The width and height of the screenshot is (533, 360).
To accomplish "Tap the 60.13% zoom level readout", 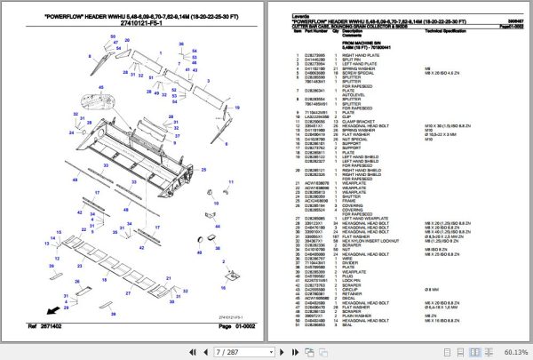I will click(513, 351).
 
